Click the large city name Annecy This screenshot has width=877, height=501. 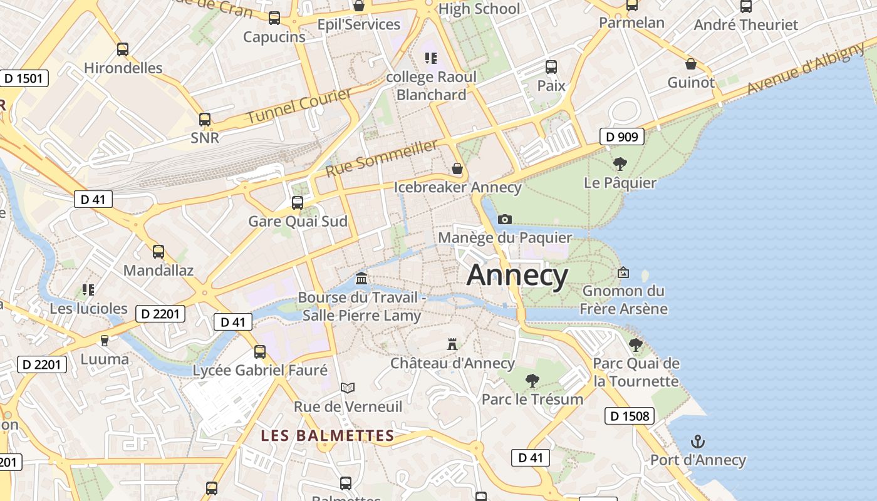[x=517, y=276]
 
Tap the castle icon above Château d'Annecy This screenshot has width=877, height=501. [x=452, y=344]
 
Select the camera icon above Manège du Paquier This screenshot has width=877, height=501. [x=504, y=219]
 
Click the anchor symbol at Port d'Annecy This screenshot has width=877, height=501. [x=697, y=442]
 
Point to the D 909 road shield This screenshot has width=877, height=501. [x=622, y=137]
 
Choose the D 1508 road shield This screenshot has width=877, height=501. [x=630, y=415]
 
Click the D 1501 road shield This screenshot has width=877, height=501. [x=23, y=78]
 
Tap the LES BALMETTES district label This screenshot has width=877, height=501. [x=328, y=435]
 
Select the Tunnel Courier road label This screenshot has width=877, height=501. [x=299, y=106]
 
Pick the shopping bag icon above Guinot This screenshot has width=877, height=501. [x=690, y=64]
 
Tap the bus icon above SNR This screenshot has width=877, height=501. [x=205, y=119]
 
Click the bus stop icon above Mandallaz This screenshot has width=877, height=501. [x=158, y=252]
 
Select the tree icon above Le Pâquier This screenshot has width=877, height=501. [x=620, y=164]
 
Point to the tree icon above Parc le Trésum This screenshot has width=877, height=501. [x=532, y=380]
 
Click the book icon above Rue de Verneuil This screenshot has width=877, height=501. [x=348, y=388]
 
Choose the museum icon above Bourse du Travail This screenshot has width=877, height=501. [x=361, y=278]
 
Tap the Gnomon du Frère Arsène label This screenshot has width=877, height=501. [x=623, y=299]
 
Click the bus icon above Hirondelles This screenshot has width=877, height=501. [x=123, y=49]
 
